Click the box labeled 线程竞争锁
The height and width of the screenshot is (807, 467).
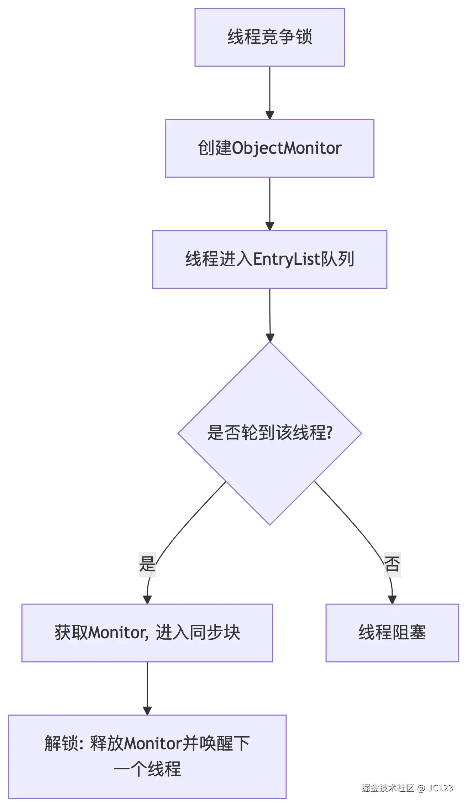(x=269, y=37)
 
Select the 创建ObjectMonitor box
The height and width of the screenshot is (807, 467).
(x=269, y=148)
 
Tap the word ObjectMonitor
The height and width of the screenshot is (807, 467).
(x=287, y=148)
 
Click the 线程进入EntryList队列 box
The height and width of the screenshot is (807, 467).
(x=269, y=259)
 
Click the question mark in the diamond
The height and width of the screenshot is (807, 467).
(x=329, y=433)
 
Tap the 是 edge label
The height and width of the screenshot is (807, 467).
(x=147, y=564)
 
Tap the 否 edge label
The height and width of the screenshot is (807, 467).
(x=392, y=564)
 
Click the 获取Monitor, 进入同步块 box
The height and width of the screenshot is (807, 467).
(x=147, y=633)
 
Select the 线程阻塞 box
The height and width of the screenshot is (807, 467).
(x=392, y=633)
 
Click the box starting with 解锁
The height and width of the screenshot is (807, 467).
(x=147, y=756)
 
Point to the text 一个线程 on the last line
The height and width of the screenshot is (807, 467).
(x=147, y=769)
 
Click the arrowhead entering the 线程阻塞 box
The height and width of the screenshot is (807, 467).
(x=392, y=599)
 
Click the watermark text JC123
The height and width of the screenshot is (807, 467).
(x=440, y=788)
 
